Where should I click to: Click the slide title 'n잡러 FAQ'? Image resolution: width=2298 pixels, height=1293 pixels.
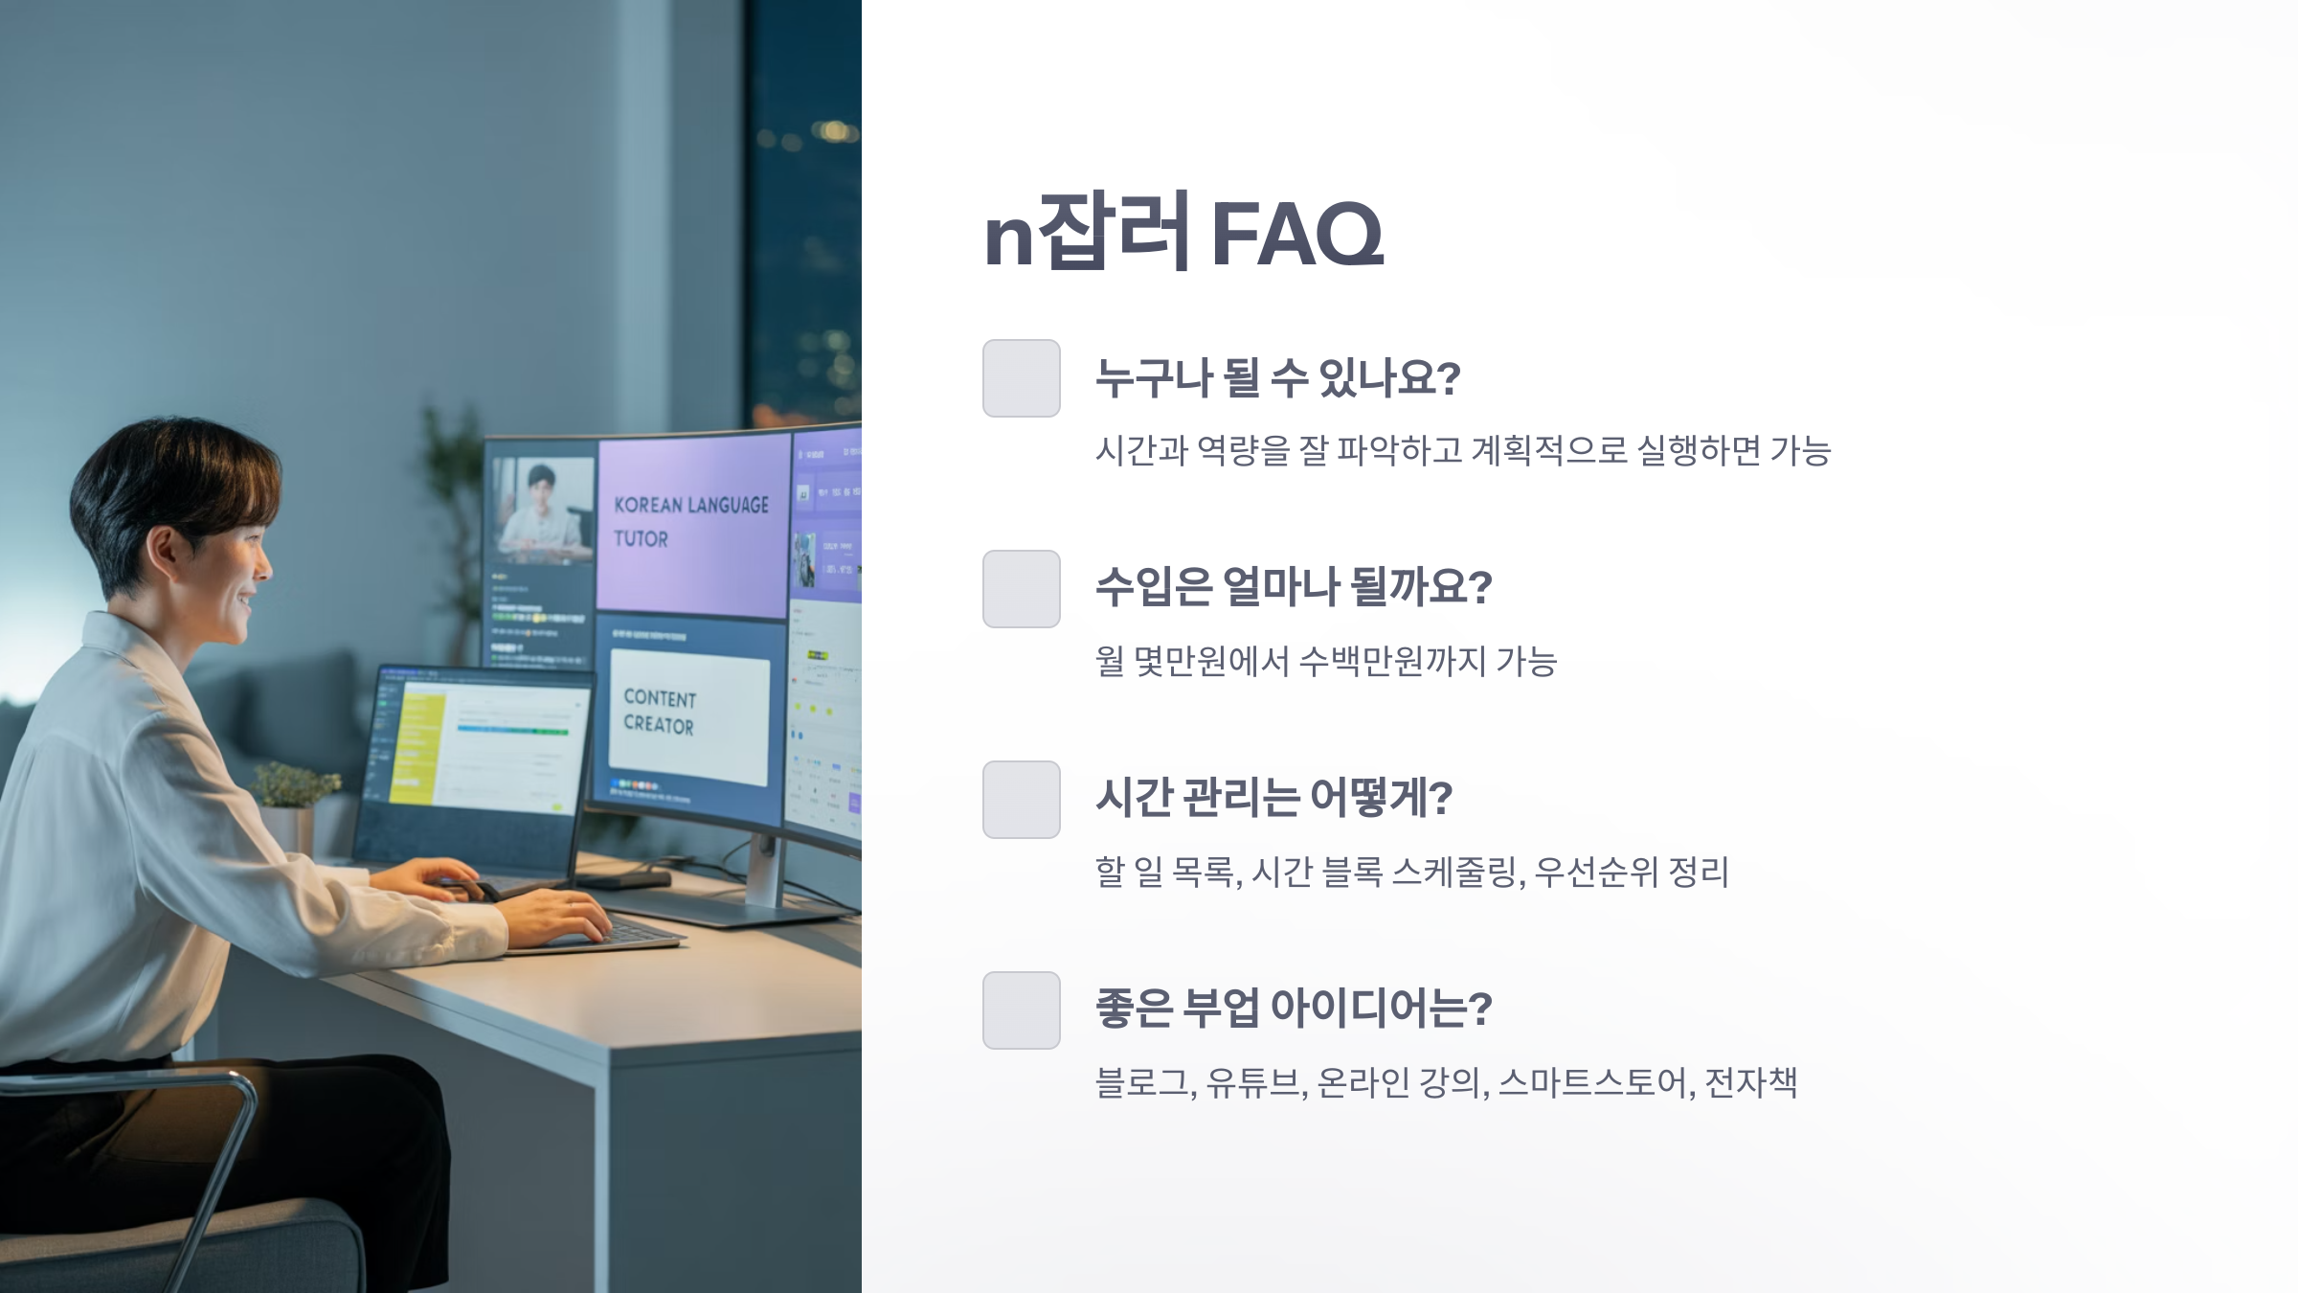(1183, 233)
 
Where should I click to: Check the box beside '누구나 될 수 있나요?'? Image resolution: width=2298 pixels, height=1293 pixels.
(1021, 378)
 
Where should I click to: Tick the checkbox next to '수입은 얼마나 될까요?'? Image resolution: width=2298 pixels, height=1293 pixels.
(1021, 589)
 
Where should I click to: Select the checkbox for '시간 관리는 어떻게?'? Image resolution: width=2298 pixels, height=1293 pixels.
(1021, 800)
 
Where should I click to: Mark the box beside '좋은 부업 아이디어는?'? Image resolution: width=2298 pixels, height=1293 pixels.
(1021, 1010)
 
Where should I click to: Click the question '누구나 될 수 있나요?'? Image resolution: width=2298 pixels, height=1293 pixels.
(1277, 378)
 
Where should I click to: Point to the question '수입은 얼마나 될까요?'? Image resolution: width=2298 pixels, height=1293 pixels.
(1293, 587)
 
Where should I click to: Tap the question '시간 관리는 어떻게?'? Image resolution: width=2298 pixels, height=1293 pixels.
(1273, 798)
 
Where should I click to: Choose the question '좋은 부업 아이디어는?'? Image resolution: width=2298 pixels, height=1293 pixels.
(1293, 1009)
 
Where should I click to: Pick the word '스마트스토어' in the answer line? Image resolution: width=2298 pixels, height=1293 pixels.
(1591, 1083)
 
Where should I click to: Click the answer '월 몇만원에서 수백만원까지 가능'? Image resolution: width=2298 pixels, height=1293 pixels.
(1326, 662)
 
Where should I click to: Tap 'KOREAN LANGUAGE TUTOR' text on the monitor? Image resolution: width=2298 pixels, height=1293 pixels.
(689, 521)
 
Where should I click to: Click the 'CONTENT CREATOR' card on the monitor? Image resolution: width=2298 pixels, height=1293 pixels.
(688, 714)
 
